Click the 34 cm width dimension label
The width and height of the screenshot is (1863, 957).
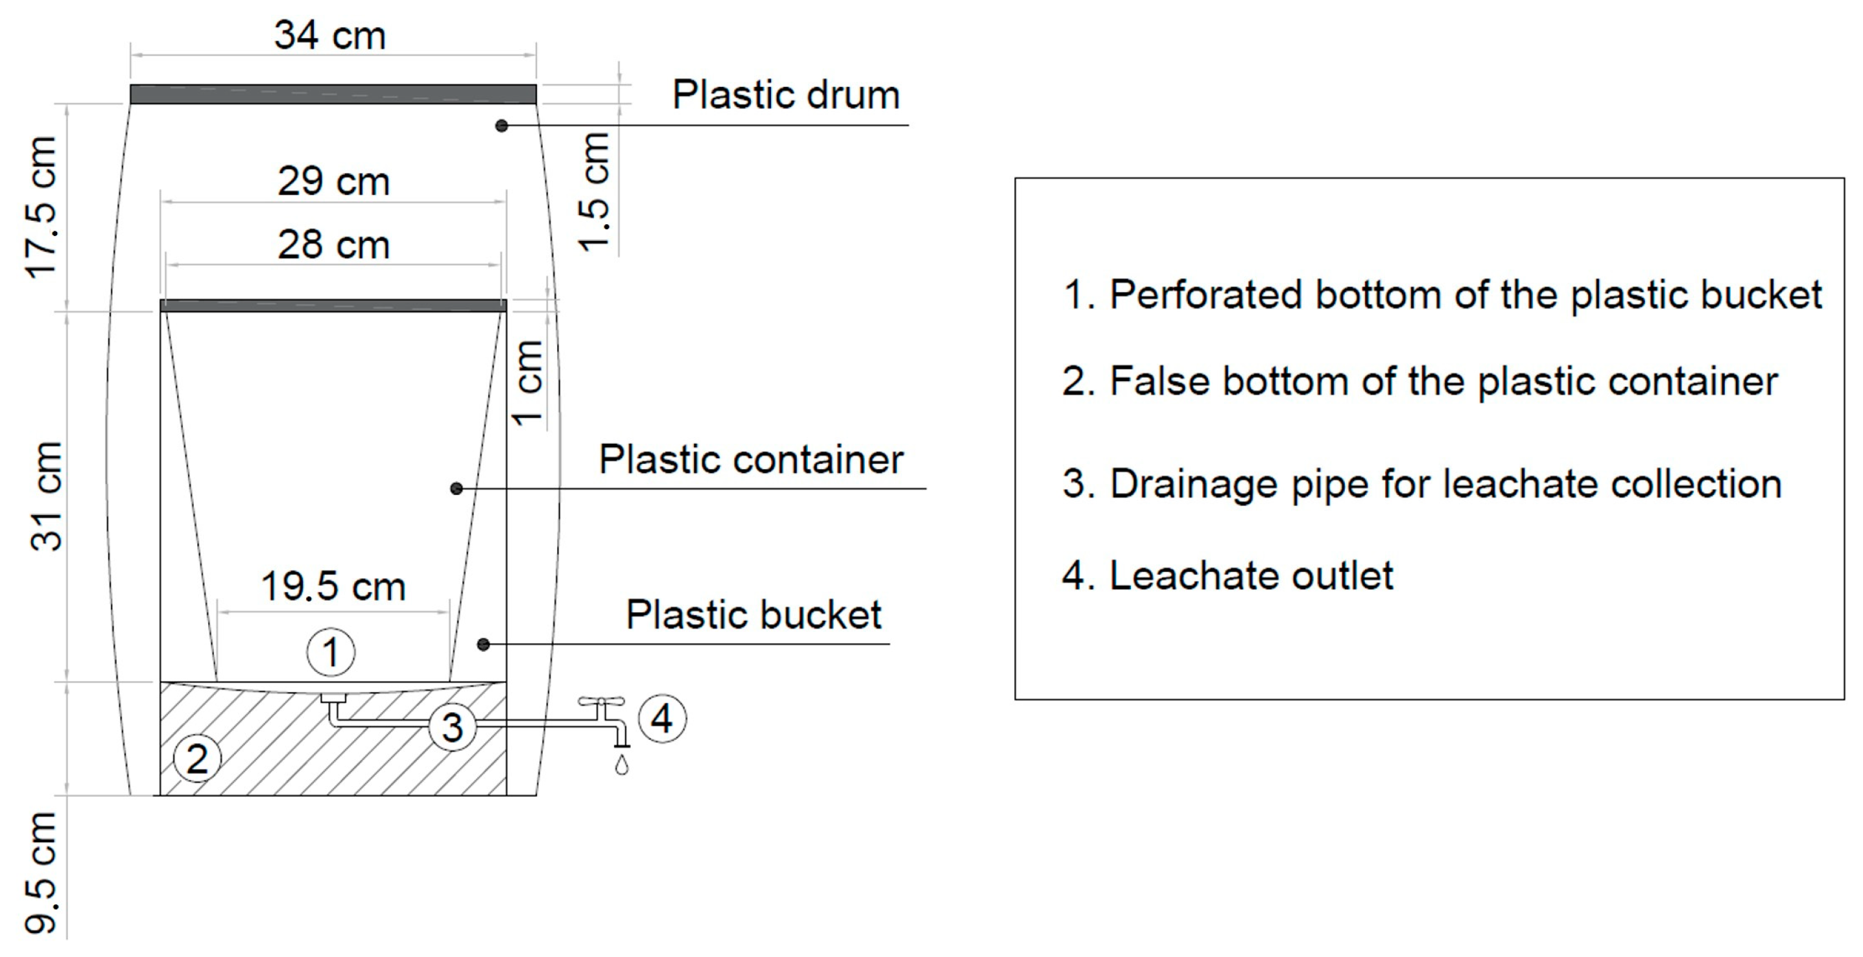[x=330, y=36]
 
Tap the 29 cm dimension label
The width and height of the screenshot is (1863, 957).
[x=333, y=181]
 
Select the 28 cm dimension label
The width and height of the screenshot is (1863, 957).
[x=333, y=244]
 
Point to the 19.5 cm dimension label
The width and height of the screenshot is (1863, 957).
[x=333, y=586]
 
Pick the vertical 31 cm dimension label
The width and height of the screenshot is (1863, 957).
[x=46, y=496]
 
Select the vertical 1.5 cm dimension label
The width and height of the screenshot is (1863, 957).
[x=595, y=192]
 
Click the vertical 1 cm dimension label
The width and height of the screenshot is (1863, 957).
[x=527, y=383]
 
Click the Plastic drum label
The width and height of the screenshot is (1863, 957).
[x=786, y=95]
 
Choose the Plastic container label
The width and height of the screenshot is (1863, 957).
[x=751, y=459]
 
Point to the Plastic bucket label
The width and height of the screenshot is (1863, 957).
[x=753, y=615]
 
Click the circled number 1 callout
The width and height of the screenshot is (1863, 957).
[x=331, y=652]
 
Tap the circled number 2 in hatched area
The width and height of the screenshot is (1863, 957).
[x=197, y=759]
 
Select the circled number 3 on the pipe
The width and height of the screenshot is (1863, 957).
[x=452, y=727]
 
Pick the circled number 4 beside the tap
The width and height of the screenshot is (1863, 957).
[x=661, y=719]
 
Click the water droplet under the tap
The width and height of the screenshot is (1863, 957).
[x=621, y=765]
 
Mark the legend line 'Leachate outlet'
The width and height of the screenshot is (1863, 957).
[x=1228, y=576]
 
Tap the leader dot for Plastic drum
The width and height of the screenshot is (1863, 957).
[x=502, y=126]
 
